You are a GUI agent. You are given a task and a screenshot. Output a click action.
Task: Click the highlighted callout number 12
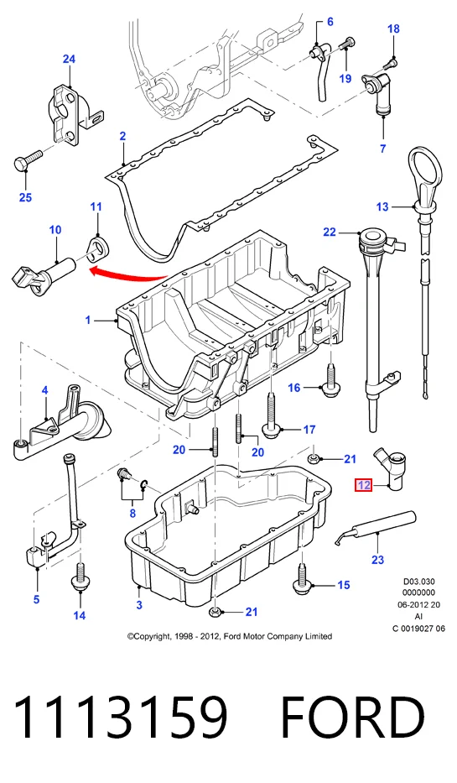(x=364, y=484)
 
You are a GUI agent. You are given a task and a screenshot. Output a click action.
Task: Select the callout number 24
(x=69, y=59)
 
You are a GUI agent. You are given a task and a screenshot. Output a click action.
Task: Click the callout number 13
(x=382, y=206)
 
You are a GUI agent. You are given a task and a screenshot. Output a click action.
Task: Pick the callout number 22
(x=330, y=232)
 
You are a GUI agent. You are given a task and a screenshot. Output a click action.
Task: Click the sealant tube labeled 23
(x=374, y=528)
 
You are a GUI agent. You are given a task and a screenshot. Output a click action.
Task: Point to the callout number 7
(x=382, y=148)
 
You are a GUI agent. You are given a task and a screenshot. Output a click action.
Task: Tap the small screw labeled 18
(x=392, y=64)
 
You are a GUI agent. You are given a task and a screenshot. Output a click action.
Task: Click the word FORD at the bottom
(x=352, y=718)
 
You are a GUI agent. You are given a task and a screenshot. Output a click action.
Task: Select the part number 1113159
(x=120, y=718)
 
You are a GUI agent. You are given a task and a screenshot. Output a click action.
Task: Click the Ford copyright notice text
(x=230, y=636)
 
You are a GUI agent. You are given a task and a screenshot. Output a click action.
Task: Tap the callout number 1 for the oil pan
(x=88, y=319)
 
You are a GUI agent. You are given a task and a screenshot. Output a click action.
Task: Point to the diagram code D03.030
(x=419, y=582)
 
